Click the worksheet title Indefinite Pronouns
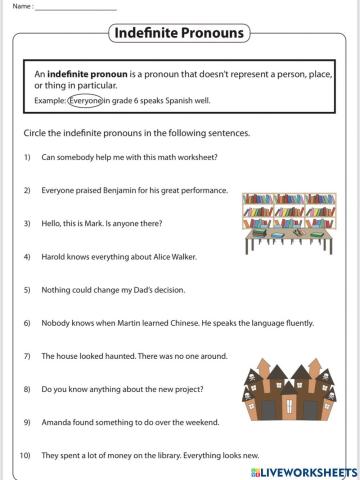pos(179,33)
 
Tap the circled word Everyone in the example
pos(85,101)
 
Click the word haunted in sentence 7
pos(111,356)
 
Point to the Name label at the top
pos(17,7)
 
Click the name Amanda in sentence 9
pos(59,423)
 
